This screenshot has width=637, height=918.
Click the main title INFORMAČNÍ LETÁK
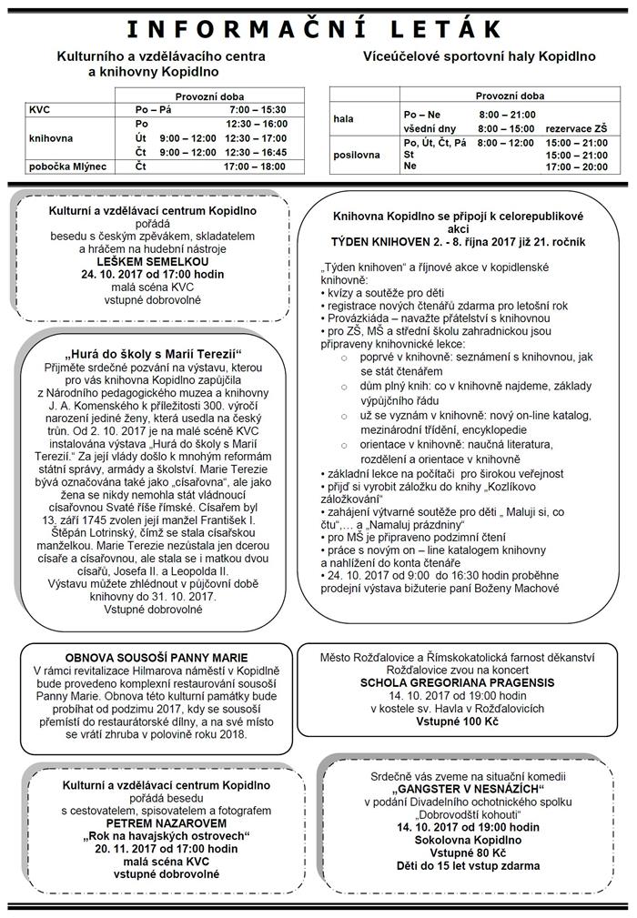pos(318,29)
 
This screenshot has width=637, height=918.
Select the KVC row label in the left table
pos(40,109)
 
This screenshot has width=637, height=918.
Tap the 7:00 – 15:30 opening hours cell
pos(258,109)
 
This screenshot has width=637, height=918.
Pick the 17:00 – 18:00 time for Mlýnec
pos(257,166)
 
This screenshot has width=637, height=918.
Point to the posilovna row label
pos(357,155)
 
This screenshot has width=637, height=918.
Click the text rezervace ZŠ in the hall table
pos(576,129)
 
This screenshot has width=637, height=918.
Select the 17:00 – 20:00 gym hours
pos(576,166)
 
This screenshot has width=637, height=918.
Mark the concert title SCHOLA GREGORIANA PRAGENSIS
pos(458,681)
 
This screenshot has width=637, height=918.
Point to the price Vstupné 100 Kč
pos(458,720)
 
